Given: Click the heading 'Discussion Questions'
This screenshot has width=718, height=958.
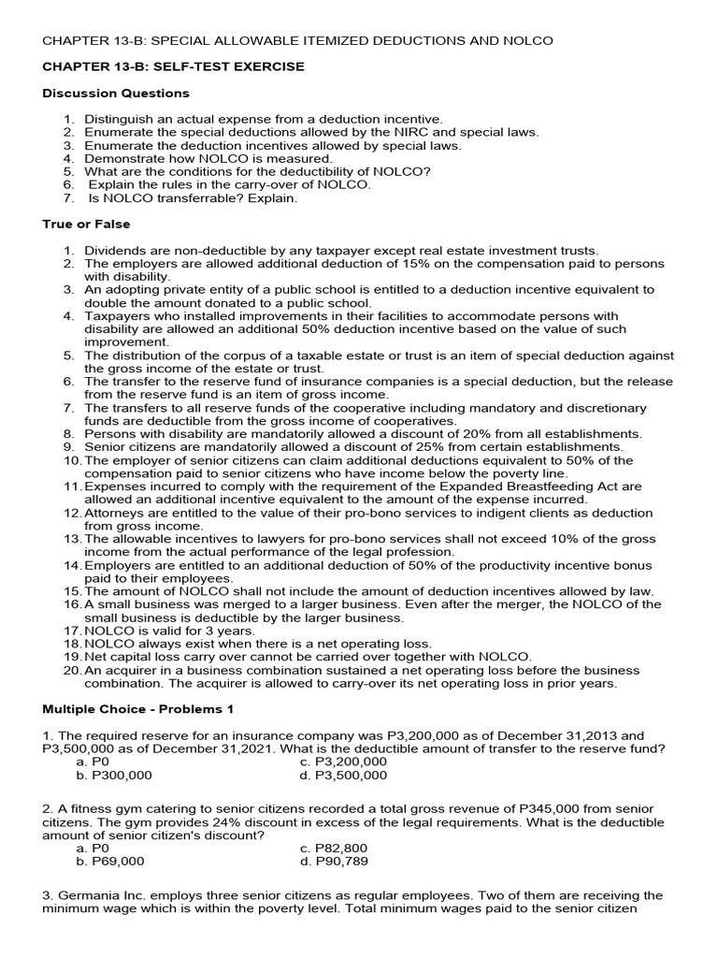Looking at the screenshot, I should click(116, 94).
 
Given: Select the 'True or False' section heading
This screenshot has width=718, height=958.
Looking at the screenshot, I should click(86, 225).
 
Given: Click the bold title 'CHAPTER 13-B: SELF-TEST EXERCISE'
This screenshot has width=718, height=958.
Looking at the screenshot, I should click(173, 67).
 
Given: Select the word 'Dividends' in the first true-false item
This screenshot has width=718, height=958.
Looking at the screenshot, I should click(114, 251).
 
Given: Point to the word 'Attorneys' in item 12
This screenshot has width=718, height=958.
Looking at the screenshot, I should click(115, 513).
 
